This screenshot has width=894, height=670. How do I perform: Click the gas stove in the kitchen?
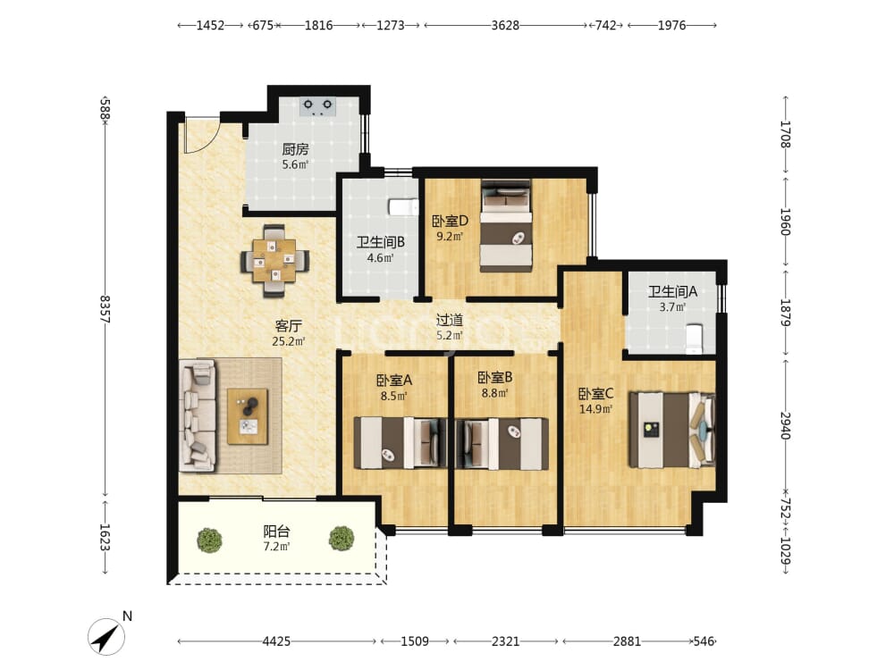tap(317, 106)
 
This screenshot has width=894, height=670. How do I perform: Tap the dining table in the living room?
tap(274, 260)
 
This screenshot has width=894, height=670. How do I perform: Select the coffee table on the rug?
tap(248, 416)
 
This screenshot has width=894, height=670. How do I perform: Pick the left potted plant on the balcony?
tap(209, 539)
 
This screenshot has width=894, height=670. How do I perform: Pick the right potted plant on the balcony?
tap(342, 538)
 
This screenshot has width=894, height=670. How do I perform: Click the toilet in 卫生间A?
tap(694, 338)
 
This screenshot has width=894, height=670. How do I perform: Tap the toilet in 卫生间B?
tap(402, 207)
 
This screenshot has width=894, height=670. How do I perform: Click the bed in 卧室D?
tap(506, 226)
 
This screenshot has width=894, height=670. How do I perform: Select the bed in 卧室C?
tap(672, 430)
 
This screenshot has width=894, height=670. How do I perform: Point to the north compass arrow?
tap(106, 636)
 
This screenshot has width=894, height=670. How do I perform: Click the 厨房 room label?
tap(295, 149)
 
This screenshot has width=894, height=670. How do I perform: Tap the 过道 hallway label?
tap(450, 320)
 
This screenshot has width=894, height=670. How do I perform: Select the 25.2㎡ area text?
tap(289, 342)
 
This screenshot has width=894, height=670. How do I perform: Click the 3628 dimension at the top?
tap(505, 25)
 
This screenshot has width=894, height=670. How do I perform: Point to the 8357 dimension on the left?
tap(105, 309)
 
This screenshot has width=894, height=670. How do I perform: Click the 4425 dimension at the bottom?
tap(276, 641)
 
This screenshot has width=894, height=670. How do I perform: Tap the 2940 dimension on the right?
tap(785, 425)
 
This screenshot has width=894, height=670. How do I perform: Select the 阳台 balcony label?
tap(276, 532)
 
